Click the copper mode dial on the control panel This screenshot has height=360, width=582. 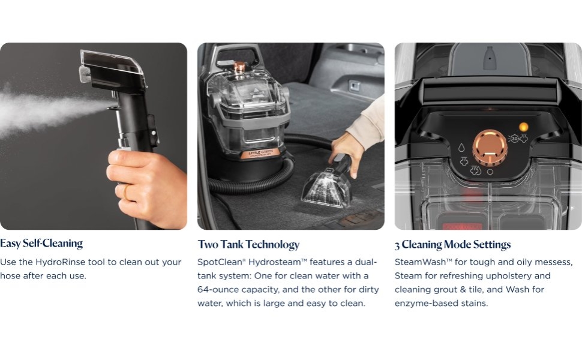pos(490,148)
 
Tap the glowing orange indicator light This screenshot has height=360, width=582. pos(524,127)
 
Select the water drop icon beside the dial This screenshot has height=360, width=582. pos(461,148)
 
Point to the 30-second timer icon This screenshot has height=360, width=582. pos(514,139)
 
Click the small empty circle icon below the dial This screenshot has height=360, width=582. pos(490,172)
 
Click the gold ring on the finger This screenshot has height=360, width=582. pos(126,191)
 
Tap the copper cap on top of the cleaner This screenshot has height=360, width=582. pos(239,67)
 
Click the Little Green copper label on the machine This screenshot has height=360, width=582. pos(260,154)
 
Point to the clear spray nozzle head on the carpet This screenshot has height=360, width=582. pos(326,187)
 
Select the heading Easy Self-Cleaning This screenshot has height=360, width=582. pos(41,244)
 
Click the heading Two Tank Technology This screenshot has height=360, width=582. pos(248,245)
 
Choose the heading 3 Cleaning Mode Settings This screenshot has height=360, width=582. pos(452,245)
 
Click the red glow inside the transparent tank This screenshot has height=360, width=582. pos(461,224)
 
